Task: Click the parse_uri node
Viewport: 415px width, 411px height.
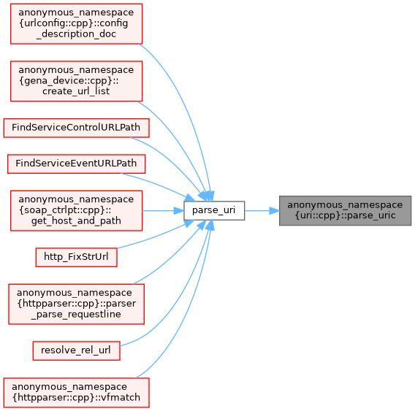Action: pyautogui.click(x=214, y=210)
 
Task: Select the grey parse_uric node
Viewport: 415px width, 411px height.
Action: pyautogui.click(x=345, y=210)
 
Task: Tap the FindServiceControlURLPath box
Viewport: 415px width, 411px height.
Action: pyautogui.click(x=76, y=128)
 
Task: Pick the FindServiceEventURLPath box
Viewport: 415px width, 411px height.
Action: pyautogui.click(x=76, y=164)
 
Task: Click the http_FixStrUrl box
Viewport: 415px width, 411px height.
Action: pyautogui.click(x=76, y=257)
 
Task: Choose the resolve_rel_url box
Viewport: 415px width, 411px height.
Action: pyautogui.click(x=76, y=350)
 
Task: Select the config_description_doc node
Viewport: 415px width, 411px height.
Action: pyautogui.click(x=76, y=24)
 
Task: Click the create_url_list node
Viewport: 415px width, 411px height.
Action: pyautogui.click(x=76, y=81)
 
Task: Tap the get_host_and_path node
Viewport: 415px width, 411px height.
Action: pyautogui.click(x=76, y=210)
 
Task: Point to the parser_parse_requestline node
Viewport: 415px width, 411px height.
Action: pyautogui.click(x=76, y=304)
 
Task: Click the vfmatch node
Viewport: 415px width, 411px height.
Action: pyautogui.click(x=76, y=393)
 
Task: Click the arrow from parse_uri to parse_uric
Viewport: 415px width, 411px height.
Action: pyautogui.click(x=262, y=211)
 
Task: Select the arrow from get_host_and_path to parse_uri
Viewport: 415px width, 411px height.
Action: pyautogui.click(x=163, y=211)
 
